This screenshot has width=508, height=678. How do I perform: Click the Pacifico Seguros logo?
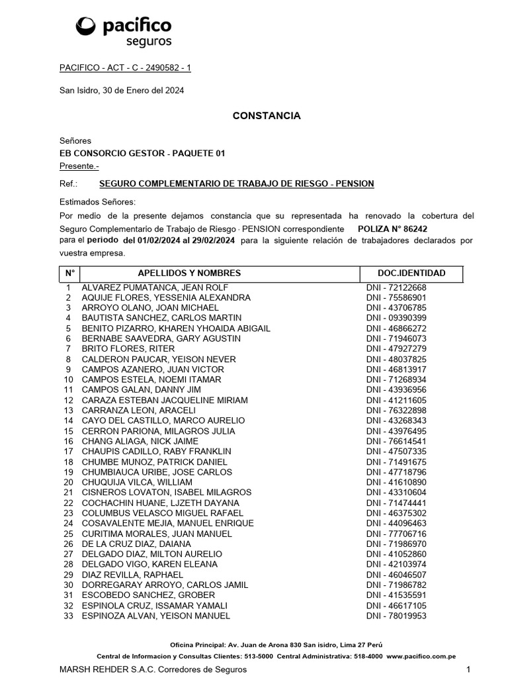click(x=124, y=31)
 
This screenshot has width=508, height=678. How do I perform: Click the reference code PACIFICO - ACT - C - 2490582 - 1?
click(x=125, y=68)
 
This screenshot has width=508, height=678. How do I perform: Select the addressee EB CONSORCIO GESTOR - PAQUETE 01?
click(x=142, y=153)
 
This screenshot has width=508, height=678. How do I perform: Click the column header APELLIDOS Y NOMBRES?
click(x=189, y=273)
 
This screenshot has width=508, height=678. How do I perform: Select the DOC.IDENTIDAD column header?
click(x=411, y=273)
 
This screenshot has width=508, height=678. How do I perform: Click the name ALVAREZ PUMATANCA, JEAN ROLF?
click(x=155, y=287)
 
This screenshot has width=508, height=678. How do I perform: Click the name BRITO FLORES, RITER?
click(x=128, y=349)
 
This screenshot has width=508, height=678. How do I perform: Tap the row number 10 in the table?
click(x=68, y=379)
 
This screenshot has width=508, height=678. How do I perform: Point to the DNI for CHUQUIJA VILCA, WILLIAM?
click(x=396, y=482)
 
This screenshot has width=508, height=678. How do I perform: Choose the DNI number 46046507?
click(x=396, y=575)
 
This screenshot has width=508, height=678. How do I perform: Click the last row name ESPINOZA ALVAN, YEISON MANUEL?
click(x=156, y=616)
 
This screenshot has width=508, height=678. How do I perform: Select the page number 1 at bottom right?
click(x=468, y=669)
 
